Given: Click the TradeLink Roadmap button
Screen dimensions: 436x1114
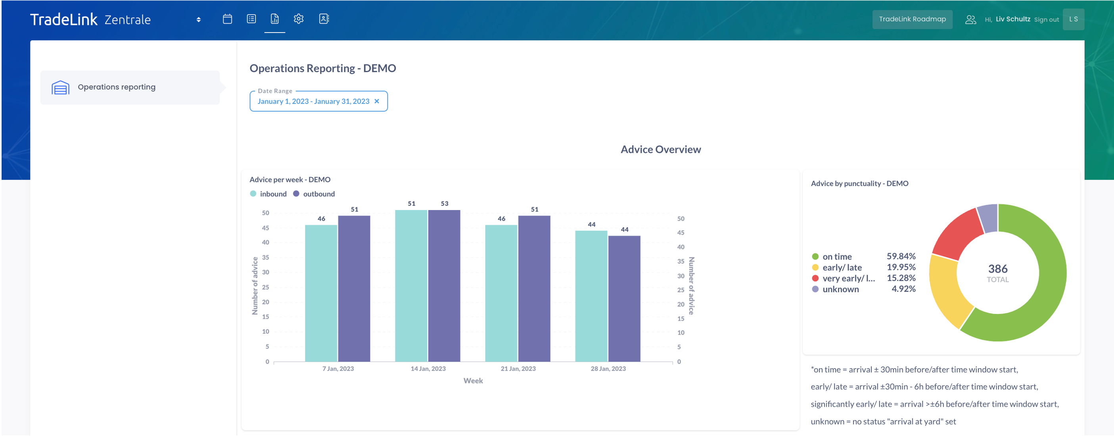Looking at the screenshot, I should [912, 19].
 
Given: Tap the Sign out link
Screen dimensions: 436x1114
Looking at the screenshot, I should [1046, 20].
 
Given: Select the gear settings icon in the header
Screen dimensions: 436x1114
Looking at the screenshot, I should [298, 19].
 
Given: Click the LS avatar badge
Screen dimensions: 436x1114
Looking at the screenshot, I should [1073, 19].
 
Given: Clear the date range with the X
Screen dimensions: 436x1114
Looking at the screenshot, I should [377, 101].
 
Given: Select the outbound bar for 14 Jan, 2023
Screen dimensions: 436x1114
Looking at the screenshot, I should [444, 286].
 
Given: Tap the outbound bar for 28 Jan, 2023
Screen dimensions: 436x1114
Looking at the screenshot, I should [624, 298].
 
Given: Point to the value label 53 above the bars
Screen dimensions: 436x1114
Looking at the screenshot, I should [445, 203].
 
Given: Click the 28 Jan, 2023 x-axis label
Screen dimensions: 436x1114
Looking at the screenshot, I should [608, 369].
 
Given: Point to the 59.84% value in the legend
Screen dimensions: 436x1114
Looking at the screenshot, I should [901, 256].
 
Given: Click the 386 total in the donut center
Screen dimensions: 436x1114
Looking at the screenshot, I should [998, 269].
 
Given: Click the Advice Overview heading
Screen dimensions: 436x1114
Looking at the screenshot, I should [660, 149].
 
